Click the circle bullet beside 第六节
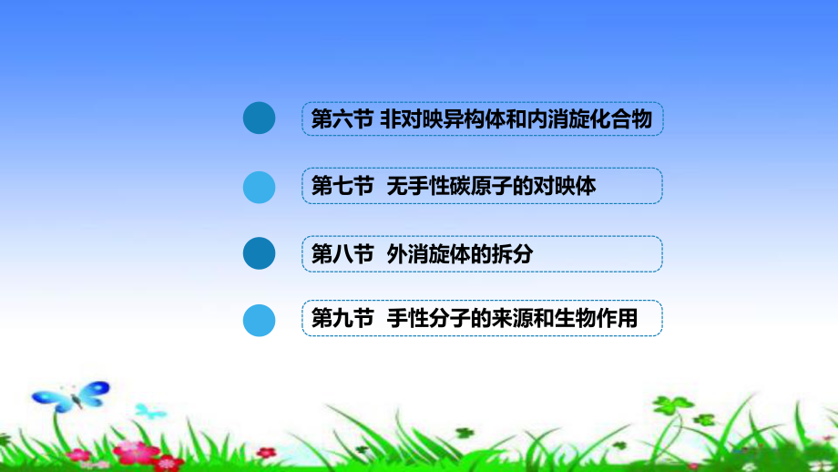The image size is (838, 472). [260, 118]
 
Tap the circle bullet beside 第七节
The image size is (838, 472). [260, 186]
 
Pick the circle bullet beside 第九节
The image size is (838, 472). [260, 321]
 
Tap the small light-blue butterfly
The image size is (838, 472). [150, 410]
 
